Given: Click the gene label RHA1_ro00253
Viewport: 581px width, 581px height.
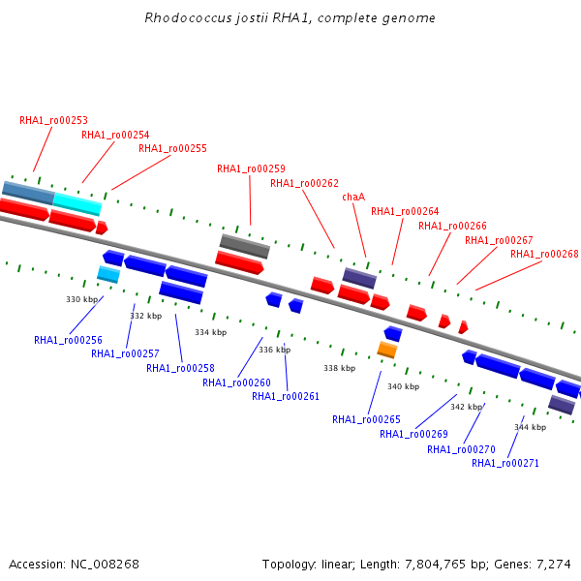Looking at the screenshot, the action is (53, 120).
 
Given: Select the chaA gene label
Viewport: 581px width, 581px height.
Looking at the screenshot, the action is (353, 197).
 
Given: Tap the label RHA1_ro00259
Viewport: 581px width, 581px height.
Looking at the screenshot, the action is (251, 168).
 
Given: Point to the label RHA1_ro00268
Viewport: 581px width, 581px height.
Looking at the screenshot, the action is (544, 254).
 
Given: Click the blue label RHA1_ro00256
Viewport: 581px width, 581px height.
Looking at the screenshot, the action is (68, 340).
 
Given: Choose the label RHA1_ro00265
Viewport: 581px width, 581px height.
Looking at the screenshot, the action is (366, 419).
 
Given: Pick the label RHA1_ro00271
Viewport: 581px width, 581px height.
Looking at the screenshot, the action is (505, 463).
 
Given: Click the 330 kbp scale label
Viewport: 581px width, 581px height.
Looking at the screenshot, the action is (82, 299).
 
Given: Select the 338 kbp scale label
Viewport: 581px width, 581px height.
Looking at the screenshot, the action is (340, 368).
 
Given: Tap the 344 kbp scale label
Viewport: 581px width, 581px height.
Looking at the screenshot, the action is (531, 427).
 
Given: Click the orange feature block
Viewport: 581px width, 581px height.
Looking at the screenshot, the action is (387, 351).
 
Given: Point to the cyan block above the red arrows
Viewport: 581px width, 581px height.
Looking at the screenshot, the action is (77, 204).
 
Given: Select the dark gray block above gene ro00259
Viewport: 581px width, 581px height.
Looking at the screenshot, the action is (245, 246).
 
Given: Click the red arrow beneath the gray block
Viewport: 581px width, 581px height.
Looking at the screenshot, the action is (239, 262).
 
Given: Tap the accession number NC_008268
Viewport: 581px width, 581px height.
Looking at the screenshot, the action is (105, 565).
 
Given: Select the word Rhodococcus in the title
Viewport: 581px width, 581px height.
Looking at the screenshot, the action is (188, 17).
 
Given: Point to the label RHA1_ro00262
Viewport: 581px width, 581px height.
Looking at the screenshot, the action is (305, 183).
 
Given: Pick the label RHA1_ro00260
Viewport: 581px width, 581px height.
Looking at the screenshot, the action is (237, 382).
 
